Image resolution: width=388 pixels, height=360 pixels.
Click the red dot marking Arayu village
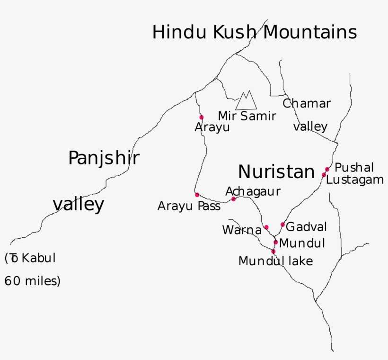[x=201, y=117]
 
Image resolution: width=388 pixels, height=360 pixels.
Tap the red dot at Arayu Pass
[x=197, y=195]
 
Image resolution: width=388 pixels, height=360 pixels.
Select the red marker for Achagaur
[x=233, y=199]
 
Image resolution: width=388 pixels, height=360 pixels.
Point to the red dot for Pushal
[x=327, y=169]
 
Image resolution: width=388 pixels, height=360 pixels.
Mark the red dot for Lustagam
[x=324, y=175]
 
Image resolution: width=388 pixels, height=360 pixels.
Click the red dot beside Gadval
[x=282, y=225]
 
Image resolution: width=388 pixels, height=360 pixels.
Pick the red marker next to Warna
[x=266, y=227]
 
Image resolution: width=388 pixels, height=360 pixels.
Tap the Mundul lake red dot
[x=273, y=251]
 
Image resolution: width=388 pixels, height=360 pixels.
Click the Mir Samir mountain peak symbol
[x=246, y=100]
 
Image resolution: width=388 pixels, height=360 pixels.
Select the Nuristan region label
[x=276, y=172]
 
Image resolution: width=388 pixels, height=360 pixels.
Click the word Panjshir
[x=104, y=159]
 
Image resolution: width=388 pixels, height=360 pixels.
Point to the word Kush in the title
[x=236, y=33]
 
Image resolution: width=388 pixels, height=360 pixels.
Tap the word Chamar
[x=307, y=103]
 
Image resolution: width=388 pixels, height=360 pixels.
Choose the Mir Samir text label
[x=247, y=116]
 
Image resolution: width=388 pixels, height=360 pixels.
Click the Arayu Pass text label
[x=189, y=207]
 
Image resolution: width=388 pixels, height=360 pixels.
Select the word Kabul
[x=39, y=258]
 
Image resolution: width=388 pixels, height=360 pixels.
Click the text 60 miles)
[x=33, y=281]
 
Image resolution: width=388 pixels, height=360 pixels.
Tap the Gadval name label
[x=306, y=227]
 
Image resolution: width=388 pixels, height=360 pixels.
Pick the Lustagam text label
[x=354, y=180]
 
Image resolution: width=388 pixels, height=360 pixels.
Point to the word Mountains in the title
[x=309, y=33]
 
